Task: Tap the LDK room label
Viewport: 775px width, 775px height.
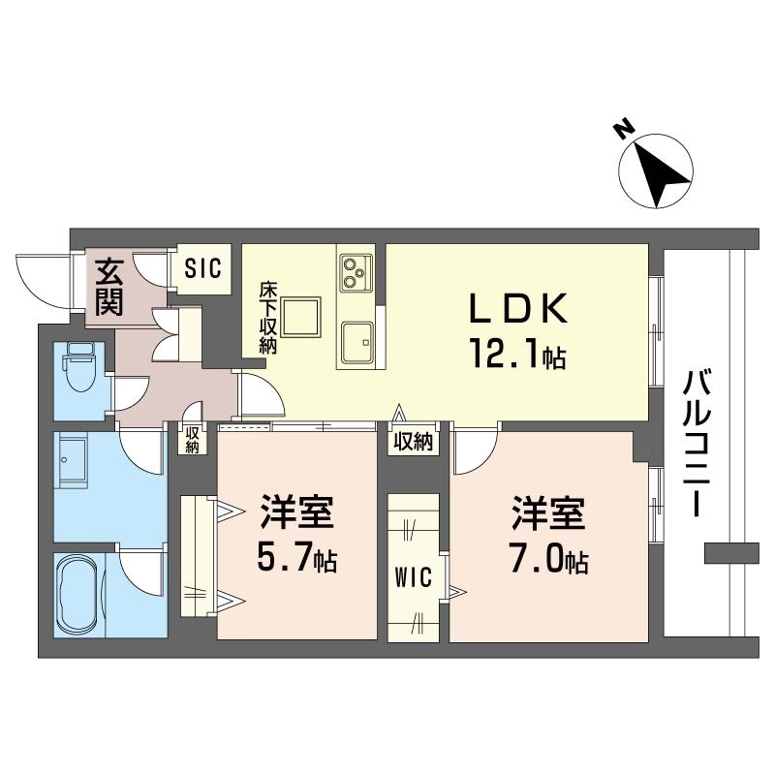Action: click(516, 309)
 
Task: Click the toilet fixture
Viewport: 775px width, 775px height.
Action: click(77, 368)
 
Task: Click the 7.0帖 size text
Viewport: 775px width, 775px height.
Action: click(549, 560)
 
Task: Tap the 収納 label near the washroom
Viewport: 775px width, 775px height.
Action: click(193, 440)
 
